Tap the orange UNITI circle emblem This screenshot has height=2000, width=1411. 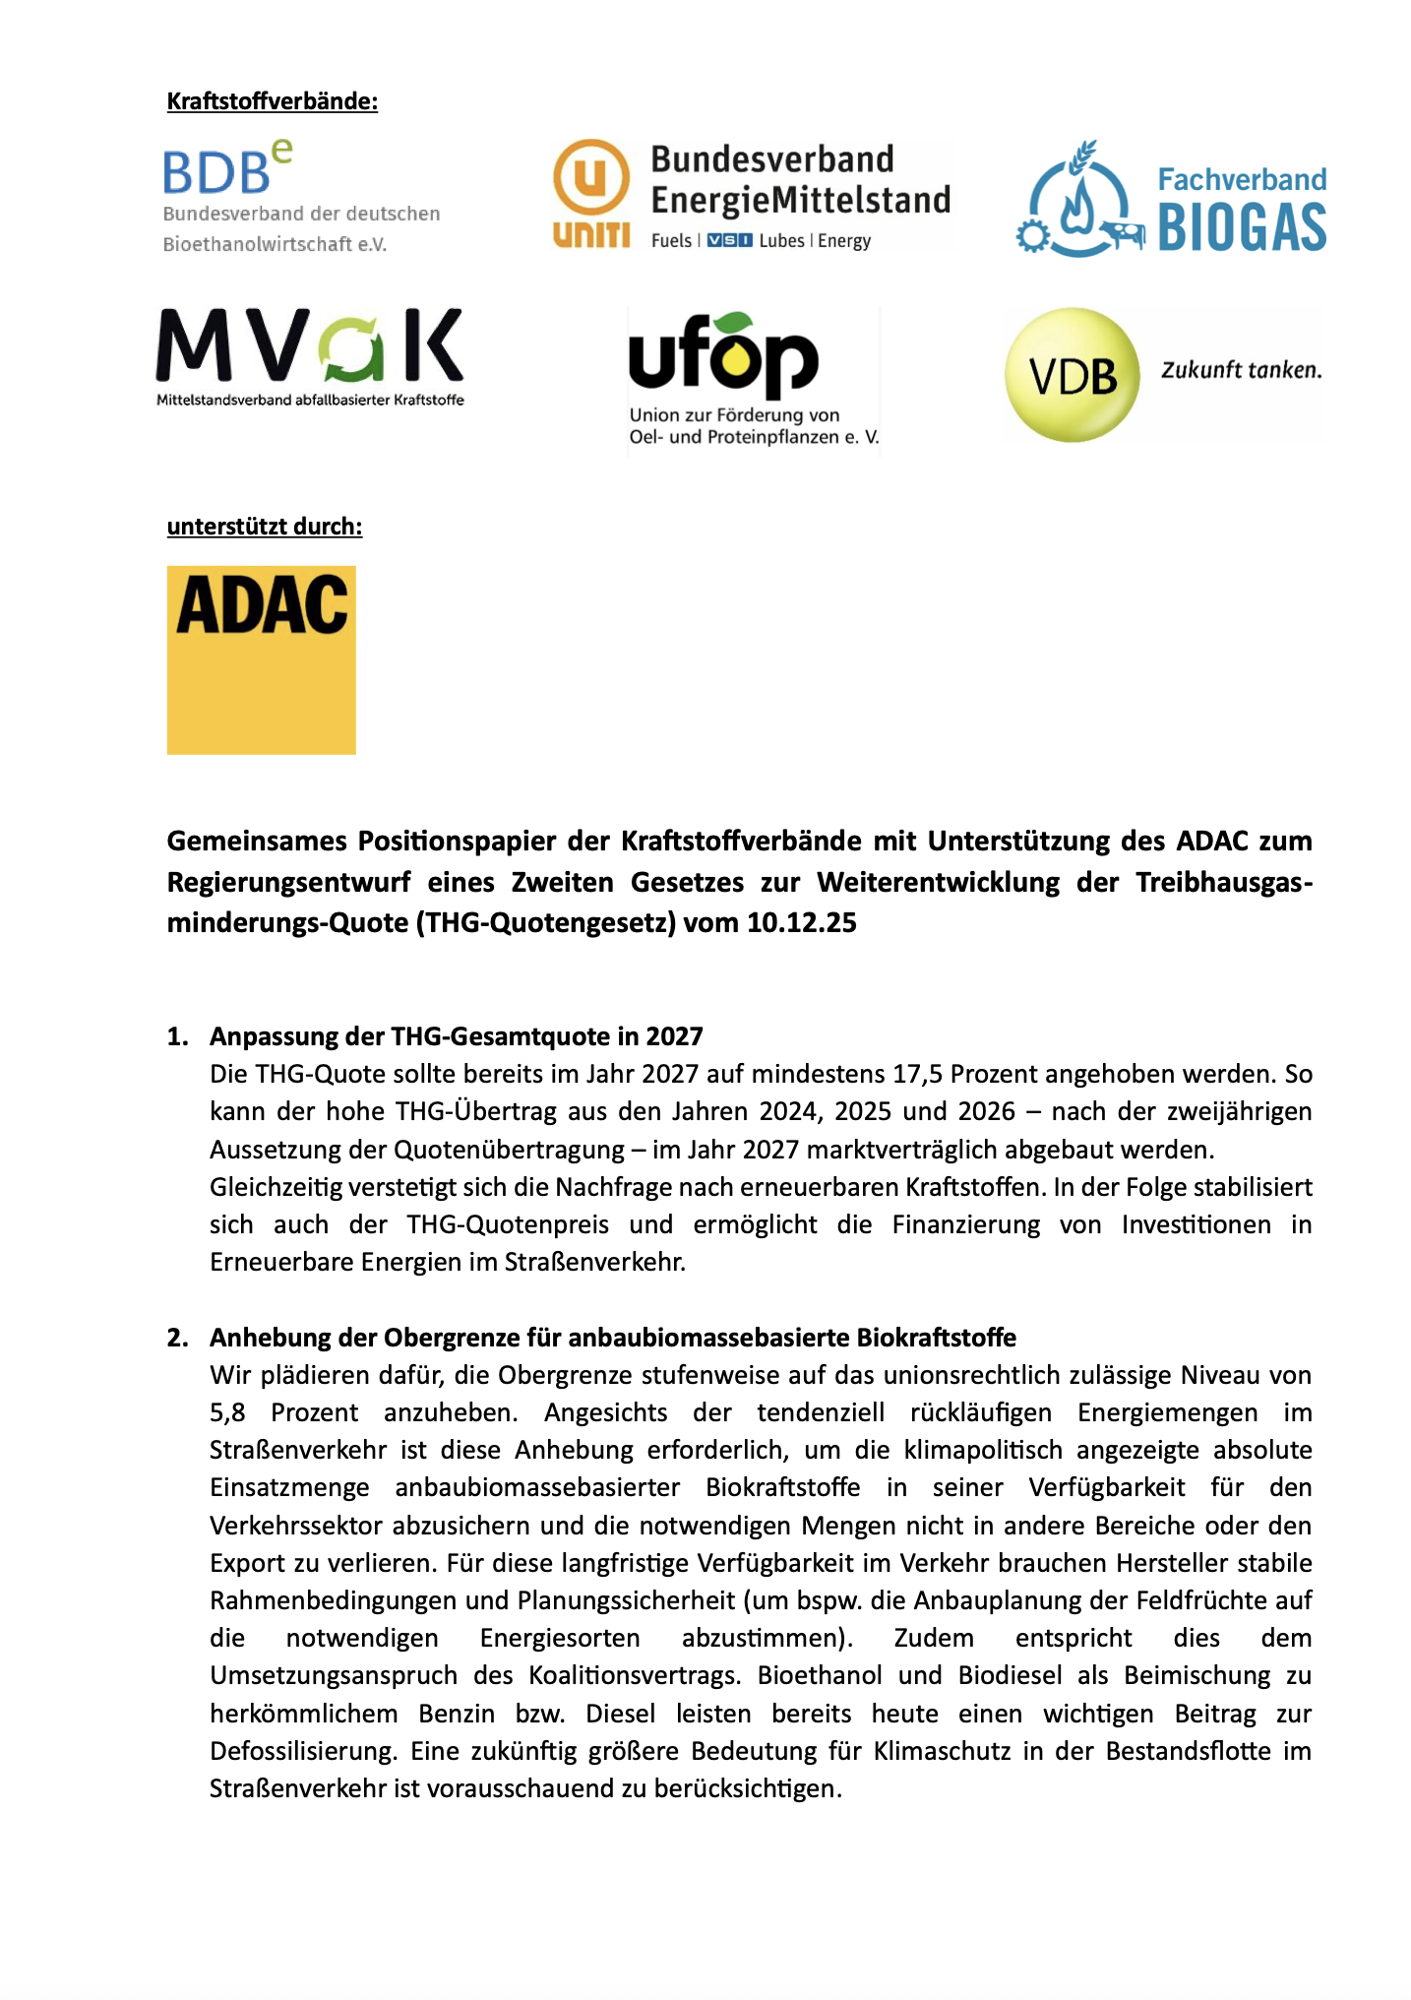(590, 178)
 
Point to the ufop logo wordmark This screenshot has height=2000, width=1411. (723, 356)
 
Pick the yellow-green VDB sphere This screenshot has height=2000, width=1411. (1072, 375)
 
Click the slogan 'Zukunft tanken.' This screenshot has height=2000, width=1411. (1241, 370)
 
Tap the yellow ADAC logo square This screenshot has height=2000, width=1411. (261, 659)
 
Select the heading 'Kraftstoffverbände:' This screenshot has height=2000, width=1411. (272, 101)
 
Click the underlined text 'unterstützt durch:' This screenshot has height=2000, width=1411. (264, 527)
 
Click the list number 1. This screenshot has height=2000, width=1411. (177, 1036)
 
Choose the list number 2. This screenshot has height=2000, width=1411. (177, 1338)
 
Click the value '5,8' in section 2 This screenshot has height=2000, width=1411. (227, 1413)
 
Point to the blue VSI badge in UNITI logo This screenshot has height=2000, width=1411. (729, 241)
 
